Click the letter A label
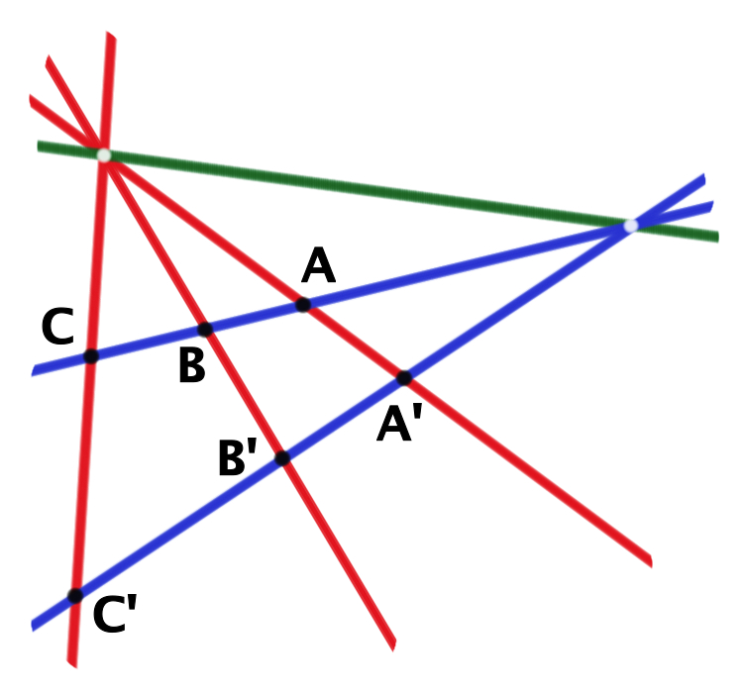pos(318,265)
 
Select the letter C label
pos(57,326)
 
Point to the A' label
pos(399,423)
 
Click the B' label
pos(238,456)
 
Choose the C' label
pos(115,614)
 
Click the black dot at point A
pos(303,305)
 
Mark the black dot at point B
pos(205,330)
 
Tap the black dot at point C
pos(91,356)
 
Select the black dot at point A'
pos(404,378)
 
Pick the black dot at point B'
pos(282,458)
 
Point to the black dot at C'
pos(75,596)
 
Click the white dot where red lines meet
pos(104,154)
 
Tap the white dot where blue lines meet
pos(631,226)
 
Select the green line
pos(378,191)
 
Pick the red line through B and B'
pos(220,353)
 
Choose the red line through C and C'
pos(91,349)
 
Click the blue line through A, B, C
pos(372,288)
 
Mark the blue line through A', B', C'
pos(369,403)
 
